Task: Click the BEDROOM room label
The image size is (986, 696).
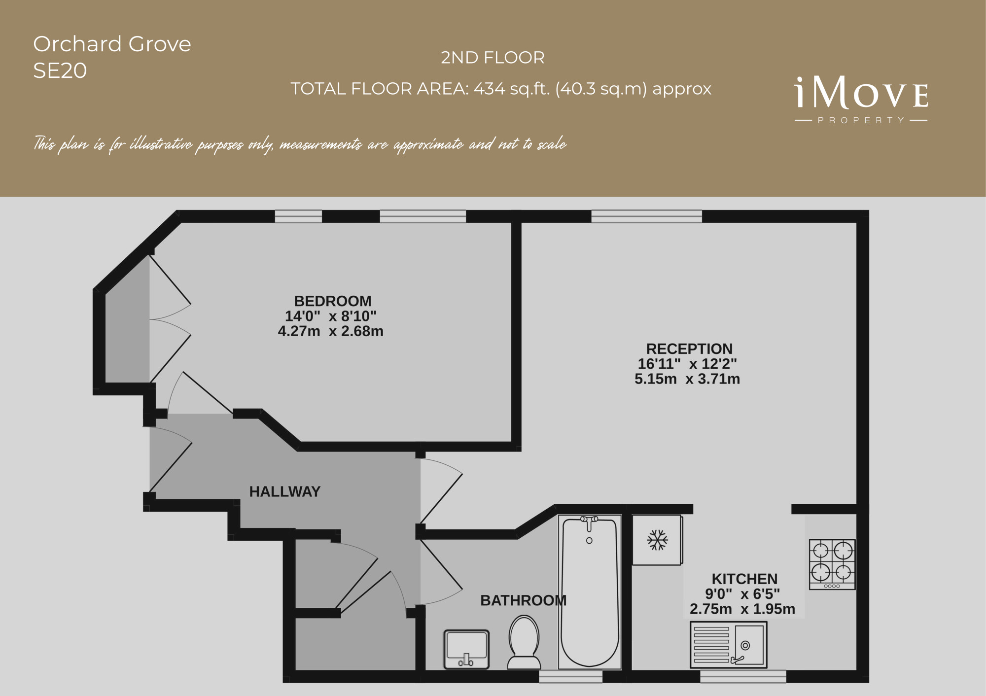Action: pyautogui.click(x=333, y=301)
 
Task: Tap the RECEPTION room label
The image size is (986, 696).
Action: pyautogui.click(x=689, y=349)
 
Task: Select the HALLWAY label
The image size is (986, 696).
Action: pyautogui.click(x=285, y=491)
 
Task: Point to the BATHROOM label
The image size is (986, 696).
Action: pyautogui.click(x=523, y=600)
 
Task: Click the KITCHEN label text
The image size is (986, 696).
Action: pyautogui.click(x=744, y=579)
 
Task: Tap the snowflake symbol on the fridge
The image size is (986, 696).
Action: pyautogui.click(x=657, y=540)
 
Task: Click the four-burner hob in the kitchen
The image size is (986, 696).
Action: pyautogui.click(x=832, y=564)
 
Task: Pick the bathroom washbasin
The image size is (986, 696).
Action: pyautogui.click(x=466, y=649)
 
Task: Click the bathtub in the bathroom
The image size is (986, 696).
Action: pyautogui.click(x=590, y=592)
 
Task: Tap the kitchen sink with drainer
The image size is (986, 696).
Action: pyautogui.click(x=729, y=645)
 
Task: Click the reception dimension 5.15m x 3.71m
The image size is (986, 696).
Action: pyautogui.click(x=687, y=379)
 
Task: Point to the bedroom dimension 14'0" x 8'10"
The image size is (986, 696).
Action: pyautogui.click(x=331, y=316)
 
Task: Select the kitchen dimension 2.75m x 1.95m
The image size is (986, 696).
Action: pyautogui.click(x=742, y=609)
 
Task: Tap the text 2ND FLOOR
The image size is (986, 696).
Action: pyautogui.click(x=493, y=58)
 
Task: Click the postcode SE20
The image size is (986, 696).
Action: pyautogui.click(x=60, y=71)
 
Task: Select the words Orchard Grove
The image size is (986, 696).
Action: pyautogui.click(x=112, y=44)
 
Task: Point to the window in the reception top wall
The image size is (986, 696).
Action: pyautogui.click(x=646, y=216)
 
